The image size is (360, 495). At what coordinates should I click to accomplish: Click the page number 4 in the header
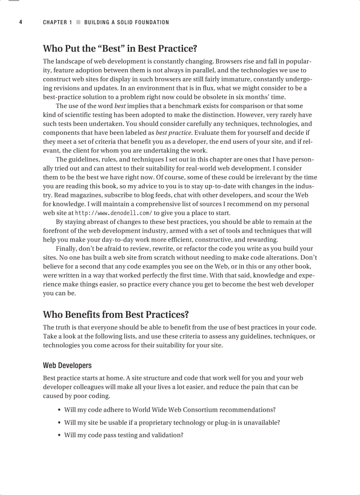click(x=21, y=22)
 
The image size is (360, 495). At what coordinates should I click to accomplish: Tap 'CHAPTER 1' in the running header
click(x=57, y=22)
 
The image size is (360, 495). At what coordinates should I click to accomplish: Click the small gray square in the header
click(x=78, y=22)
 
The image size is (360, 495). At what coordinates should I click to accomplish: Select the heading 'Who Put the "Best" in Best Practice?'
click(x=120, y=48)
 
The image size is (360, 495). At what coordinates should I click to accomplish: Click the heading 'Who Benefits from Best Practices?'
click(x=116, y=315)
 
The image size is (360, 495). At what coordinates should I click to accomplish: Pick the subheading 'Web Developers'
click(x=67, y=365)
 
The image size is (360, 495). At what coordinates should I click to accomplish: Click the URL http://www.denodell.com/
click(x=114, y=212)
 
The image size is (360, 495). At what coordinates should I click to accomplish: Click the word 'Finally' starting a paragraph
click(x=67, y=249)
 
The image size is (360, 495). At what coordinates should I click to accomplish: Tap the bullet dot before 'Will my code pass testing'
click(x=59, y=435)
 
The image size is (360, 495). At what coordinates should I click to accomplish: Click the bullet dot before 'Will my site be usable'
click(x=59, y=423)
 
